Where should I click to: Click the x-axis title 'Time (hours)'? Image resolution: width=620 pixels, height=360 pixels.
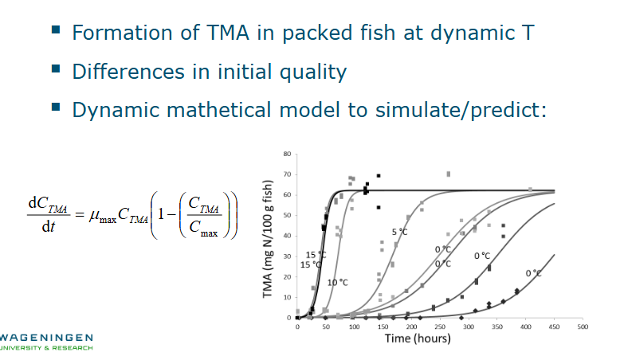click(x=417, y=338)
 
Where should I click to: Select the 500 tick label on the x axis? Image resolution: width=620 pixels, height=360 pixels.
click(x=582, y=327)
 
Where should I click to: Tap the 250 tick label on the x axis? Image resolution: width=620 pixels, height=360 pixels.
click(x=439, y=327)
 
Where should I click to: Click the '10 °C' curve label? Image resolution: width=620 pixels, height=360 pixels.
click(x=338, y=282)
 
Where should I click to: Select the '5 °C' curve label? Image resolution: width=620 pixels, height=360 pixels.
click(x=399, y=232)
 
